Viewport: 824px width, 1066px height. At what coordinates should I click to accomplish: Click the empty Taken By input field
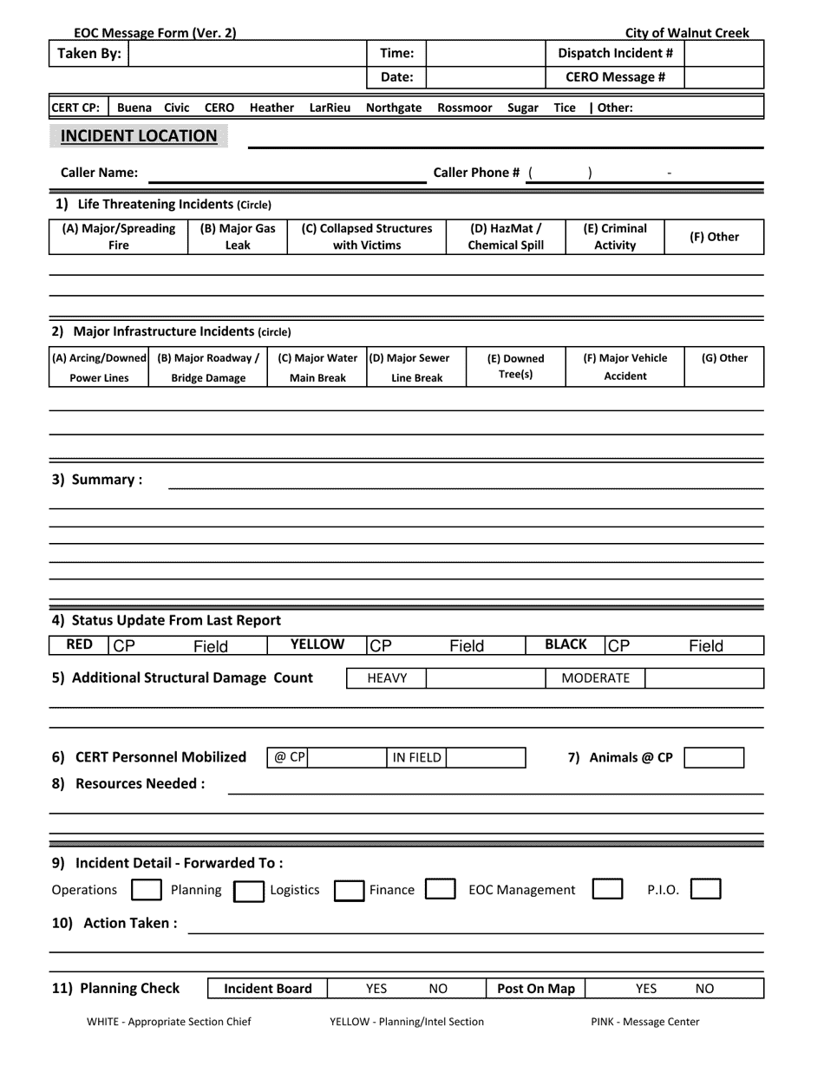pos(247,54)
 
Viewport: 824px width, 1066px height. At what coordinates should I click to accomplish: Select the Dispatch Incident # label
pos(615,54)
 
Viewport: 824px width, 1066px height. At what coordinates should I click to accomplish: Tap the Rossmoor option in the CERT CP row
pos(465,108)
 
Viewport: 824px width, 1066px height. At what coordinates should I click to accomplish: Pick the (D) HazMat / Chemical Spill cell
pos(506,237)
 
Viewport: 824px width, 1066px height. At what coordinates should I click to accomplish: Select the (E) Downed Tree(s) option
pos(515,366)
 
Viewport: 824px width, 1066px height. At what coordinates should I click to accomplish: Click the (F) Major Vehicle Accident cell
pos(625,366)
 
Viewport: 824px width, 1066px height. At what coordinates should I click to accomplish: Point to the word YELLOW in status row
pos(317,644)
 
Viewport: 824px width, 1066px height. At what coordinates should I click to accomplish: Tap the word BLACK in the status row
pos(566,644)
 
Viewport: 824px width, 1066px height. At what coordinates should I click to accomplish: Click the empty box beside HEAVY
pos(484,678)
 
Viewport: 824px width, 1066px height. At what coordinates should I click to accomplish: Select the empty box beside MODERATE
pos(704,678)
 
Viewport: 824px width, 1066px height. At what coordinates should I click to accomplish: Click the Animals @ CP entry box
pos(713,757)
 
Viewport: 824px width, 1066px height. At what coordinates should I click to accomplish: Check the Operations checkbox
pos(146,890)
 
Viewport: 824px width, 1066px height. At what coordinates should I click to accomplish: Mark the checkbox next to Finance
pos(440,890)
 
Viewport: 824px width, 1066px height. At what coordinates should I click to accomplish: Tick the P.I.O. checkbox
pos(705,890)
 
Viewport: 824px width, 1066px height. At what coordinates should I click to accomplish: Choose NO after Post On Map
pos(705,989)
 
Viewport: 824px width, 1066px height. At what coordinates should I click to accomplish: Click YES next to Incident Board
pos(376,989)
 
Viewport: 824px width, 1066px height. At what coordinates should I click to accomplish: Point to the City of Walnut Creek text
pos(687,33)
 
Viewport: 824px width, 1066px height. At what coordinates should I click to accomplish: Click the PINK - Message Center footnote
pos(644,1022)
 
